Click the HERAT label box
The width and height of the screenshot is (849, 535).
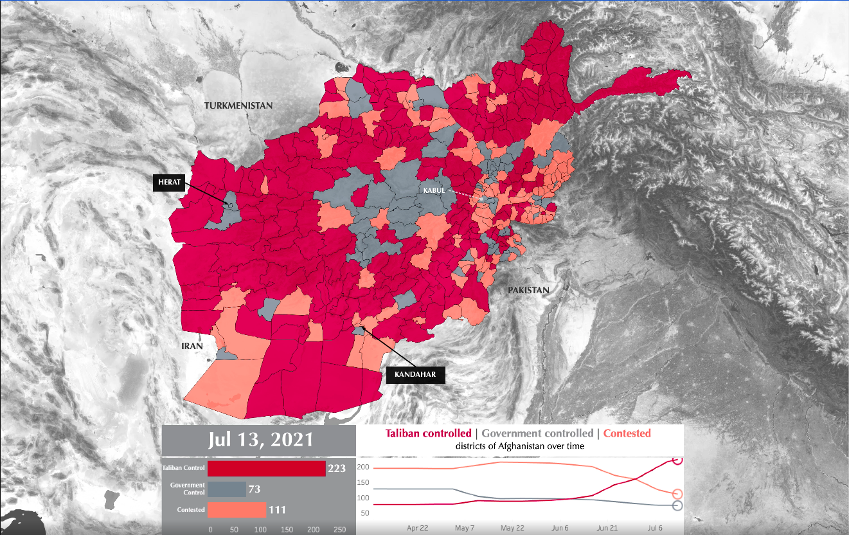pos(168,183)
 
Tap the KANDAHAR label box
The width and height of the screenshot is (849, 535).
pos(415,374)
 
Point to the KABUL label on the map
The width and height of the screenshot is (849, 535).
pos(434,191)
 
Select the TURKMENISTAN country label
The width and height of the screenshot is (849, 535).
pos(238,105)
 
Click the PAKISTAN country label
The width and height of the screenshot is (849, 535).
pos(528,290)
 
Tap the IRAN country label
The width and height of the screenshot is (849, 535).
pos(192,346)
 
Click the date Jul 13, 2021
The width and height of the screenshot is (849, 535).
pos(261,440)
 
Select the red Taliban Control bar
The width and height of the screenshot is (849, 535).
pos(266,469)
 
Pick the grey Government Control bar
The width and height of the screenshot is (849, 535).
pos(226,489)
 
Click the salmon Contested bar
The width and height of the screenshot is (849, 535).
pos(237,510)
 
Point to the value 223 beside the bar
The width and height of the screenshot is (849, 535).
pos(337,469)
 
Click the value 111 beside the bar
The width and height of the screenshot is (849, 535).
pos(277,511)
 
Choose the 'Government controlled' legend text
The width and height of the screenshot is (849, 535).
pos(537,433)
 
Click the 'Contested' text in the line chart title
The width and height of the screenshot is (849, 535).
pos(627,433)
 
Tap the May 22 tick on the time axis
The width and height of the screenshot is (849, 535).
pos(512,528)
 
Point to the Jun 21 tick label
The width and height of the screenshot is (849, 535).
pos(607,528)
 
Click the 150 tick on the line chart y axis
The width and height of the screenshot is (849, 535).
pos(364,482)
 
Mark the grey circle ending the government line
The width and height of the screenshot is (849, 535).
pos(677,506)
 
